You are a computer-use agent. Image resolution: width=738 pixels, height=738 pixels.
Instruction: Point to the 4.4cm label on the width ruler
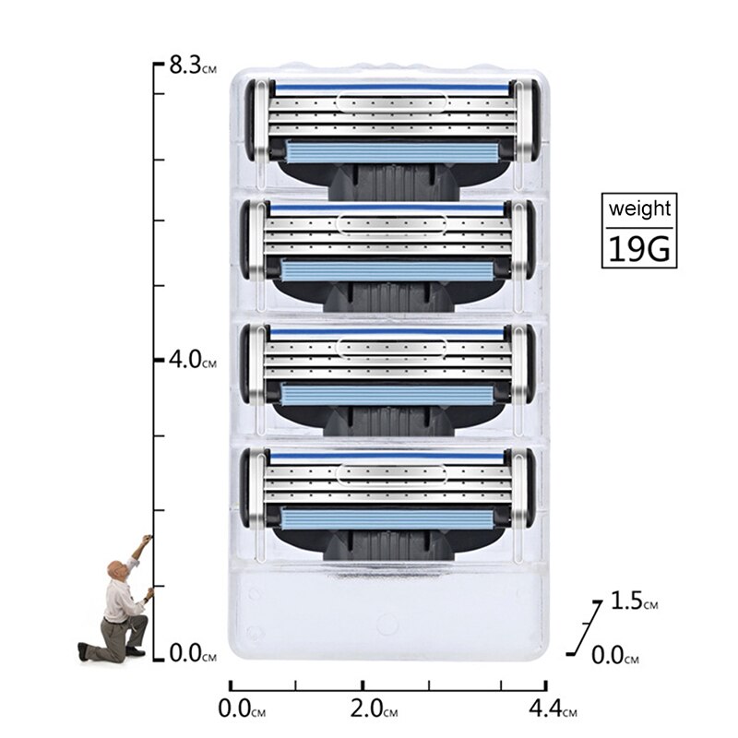pos(551,710)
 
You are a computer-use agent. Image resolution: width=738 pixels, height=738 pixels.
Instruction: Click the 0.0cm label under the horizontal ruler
pos(242,710)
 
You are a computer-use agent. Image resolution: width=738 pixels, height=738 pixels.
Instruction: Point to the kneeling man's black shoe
pos(86,651)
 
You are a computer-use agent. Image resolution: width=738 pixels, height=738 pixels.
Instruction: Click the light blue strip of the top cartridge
pos(388,150)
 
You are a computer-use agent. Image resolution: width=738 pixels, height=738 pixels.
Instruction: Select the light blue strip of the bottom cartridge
pos(388,518)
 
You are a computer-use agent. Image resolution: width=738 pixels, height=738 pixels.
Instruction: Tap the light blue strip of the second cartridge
pos(388,270)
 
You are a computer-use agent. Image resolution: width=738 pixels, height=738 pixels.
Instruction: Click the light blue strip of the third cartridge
pos(388,394)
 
